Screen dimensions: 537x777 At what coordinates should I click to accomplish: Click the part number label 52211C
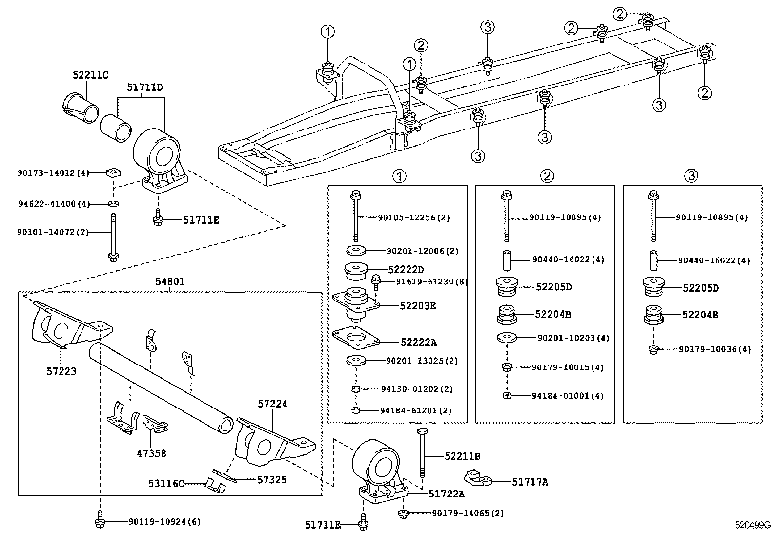pyautogui.click(x=90, y=75)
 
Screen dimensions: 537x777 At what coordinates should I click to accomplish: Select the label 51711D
pyautogui.click(x=145, y=87)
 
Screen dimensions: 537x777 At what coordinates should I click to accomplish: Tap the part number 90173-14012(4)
pyautogui.click(x=54, y=172)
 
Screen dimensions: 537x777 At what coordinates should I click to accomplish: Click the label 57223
pyautogui.click(x=61, y=371)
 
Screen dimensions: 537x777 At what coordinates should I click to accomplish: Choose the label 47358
pyautogui.click(x=151, y=453)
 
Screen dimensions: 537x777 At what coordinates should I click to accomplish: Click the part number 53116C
pyautogui.click(x=166, y=484)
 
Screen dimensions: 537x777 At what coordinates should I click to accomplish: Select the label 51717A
pyautogui.click(x=530, y=482)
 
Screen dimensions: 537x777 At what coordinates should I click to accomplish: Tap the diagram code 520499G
pyautogui.click(x=753, y=526)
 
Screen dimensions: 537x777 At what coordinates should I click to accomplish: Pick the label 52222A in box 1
pyautogui.click(x=418, y=343)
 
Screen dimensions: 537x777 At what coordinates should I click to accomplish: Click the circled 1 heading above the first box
pyautogui.click(x=399, y=176)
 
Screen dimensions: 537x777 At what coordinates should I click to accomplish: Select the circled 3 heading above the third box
pyautogui.click(x=691, y=176)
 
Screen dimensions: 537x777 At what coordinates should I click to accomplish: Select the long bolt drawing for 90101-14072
pyautogui.click(x=113, y=237)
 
